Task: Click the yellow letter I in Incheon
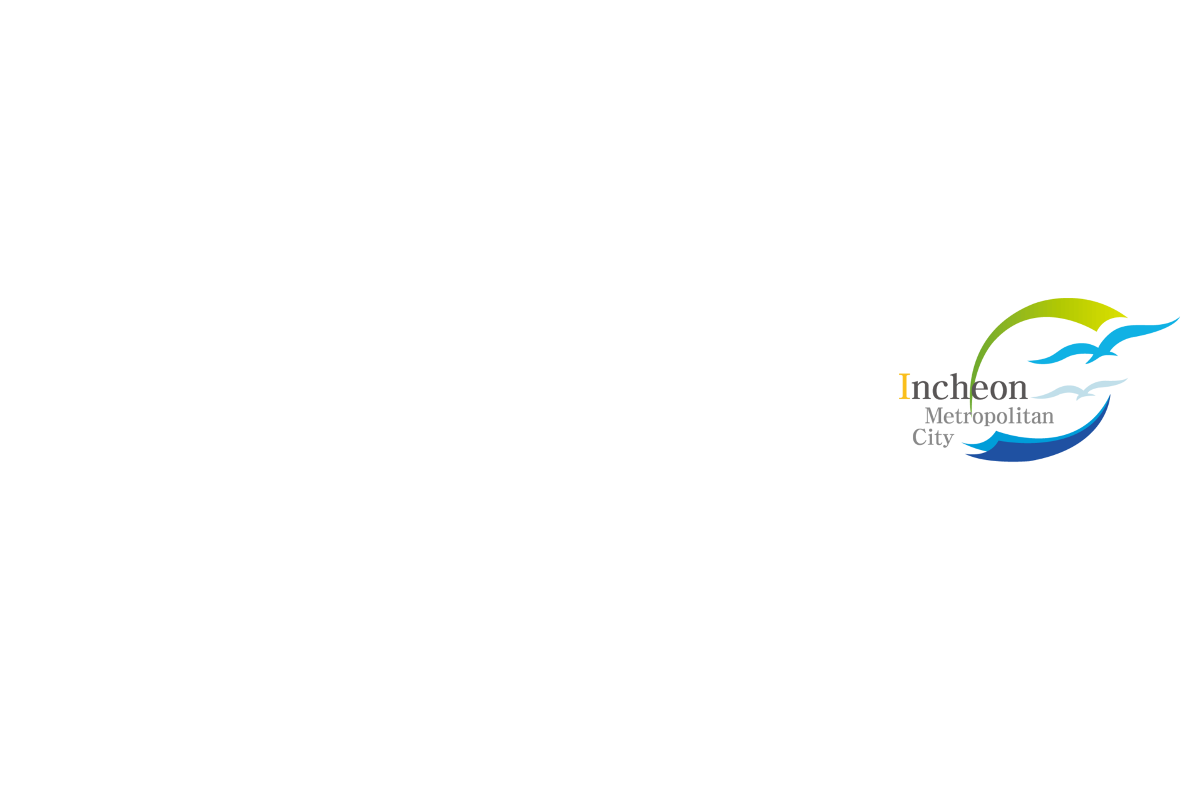tap(904, 386)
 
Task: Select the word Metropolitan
tap(989, 416)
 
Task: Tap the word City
tap(933, 437)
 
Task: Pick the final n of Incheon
tap(1019, 389)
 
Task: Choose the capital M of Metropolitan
tap(935, 415)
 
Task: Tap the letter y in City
tap(947, 439)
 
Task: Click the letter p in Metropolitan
tap(989, 418)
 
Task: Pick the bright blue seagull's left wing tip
tap(1030, 360)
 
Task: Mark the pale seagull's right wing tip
tap(1126, 379)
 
